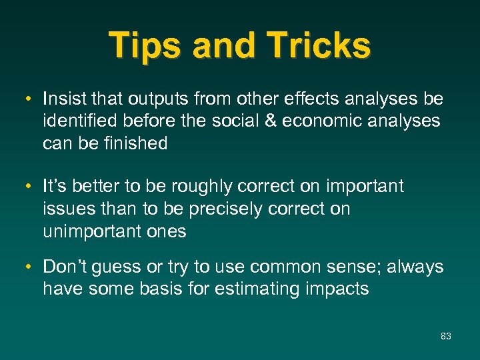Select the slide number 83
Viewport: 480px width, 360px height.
(446, 336)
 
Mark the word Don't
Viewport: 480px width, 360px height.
(63, 267)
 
